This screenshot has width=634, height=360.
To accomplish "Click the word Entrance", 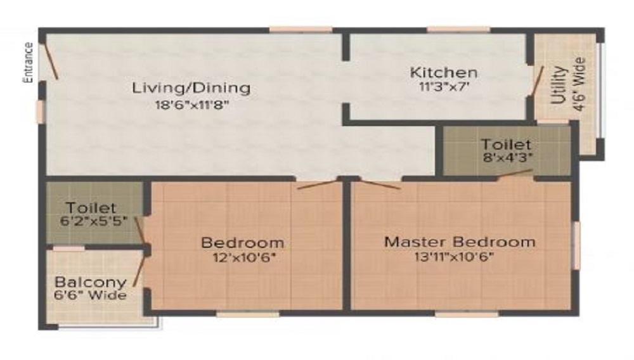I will tap(28, 62).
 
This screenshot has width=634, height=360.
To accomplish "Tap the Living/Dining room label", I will tap(191, 87).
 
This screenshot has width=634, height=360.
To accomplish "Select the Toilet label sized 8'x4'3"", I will tap(506, 145).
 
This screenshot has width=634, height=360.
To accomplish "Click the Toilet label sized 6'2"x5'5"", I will tap(91, 207).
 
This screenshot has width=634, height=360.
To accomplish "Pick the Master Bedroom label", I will tap(460, 241).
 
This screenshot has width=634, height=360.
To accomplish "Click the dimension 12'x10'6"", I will tap(243, 257).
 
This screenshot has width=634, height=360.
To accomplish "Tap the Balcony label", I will tap(90, 282).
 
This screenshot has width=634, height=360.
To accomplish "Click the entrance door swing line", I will tap(51, 61).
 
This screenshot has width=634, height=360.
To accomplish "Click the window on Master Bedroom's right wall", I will tap(576, 245).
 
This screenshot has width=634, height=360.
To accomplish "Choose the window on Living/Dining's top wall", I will tap(300, 29).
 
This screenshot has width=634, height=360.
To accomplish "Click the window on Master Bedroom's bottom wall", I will tap(457, 314).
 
